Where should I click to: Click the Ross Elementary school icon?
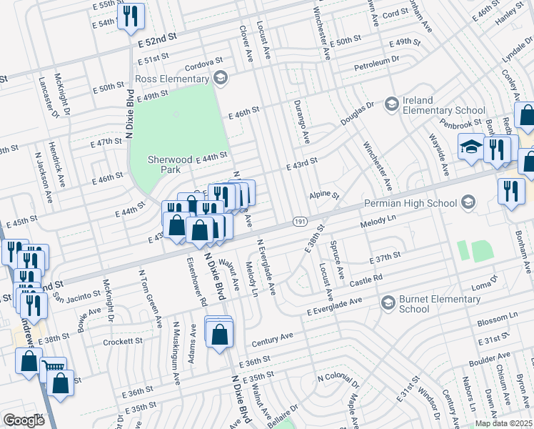pos(221,77)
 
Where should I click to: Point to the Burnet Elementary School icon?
pos(388,302)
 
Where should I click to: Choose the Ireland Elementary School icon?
pos(391,105)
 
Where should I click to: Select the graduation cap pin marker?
pos(470,147)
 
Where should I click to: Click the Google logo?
pos(24,420)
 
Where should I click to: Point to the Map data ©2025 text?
pos(503,423)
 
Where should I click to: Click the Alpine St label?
pos(323,194)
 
